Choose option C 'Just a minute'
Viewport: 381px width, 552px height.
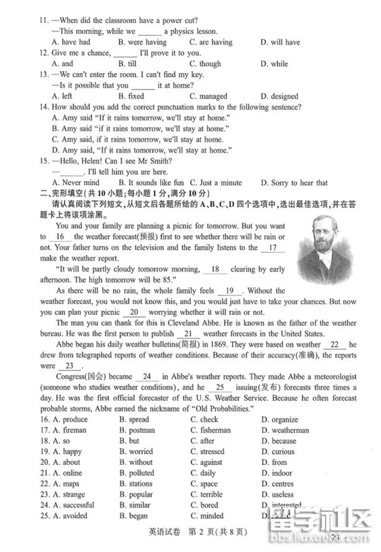point(216,182)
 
